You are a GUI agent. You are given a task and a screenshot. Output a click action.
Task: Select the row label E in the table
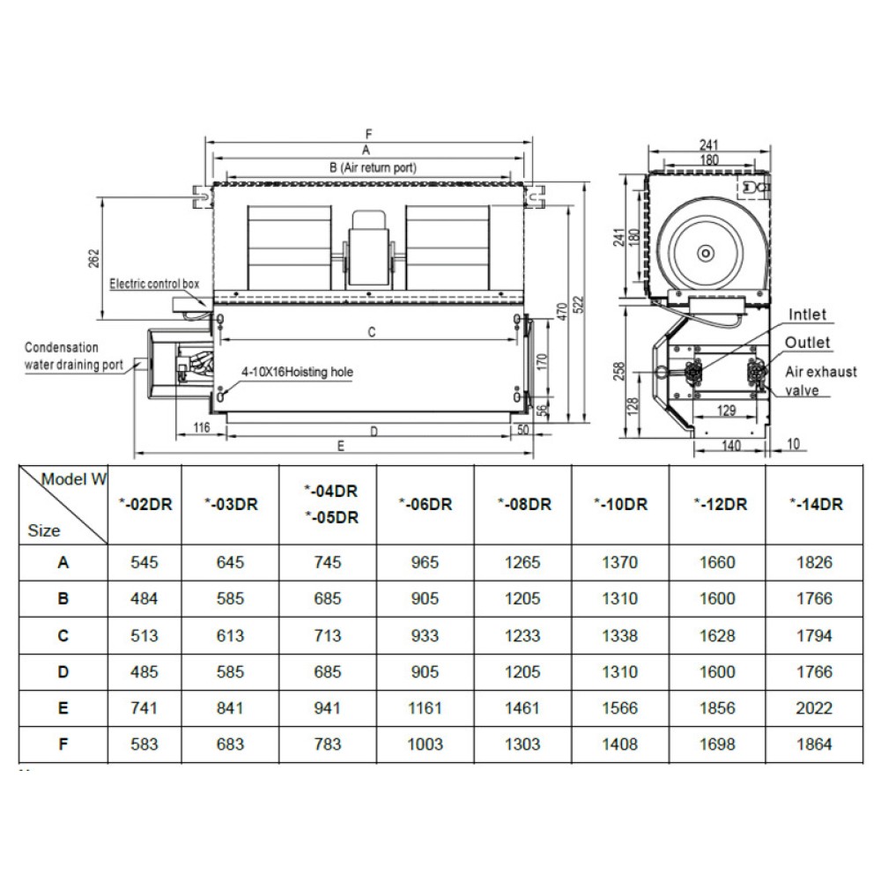63,707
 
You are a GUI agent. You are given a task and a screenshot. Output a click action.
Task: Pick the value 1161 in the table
426,707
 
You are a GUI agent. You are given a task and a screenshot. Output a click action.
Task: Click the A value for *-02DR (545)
144,561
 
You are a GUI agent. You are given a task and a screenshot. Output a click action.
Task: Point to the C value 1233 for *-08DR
523,634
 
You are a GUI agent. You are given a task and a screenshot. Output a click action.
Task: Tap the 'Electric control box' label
155,284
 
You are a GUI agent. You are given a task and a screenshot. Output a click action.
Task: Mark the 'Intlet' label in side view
808,315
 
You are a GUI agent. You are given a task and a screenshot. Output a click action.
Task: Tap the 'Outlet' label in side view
808,342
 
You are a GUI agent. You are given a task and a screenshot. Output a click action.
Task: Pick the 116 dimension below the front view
201,428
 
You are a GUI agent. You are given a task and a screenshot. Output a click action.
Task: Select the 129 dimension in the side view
727,411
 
